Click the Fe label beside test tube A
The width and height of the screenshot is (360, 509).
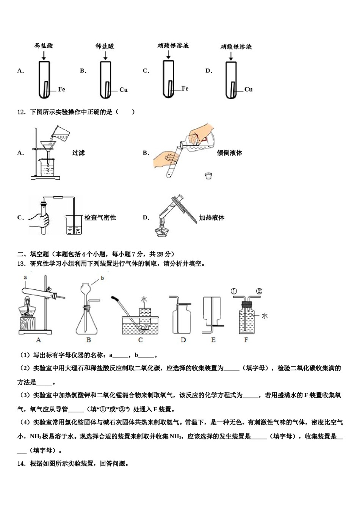tap(61, 89)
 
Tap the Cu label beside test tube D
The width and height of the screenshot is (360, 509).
tap(248, 89)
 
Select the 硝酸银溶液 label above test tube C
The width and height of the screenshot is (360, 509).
tap(173, 45)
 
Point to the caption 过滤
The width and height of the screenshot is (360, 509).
tap(78, 153)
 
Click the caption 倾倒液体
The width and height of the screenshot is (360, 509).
tap(229, 153)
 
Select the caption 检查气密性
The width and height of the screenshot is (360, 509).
tap(100, 218)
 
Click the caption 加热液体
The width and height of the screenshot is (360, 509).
tap(211, 218)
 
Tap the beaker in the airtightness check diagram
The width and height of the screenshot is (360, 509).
tap(74, 225)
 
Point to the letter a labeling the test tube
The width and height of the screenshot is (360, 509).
tap(25, 277)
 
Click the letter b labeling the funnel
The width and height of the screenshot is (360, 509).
tap(102, 278)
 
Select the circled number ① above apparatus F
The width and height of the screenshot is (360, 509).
tap(233, 291)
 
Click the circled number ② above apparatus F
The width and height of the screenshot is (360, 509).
tap(259, 291)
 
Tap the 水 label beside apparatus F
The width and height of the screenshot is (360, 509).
tap(264, 315)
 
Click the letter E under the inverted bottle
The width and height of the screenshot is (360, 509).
tap(213, 340)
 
